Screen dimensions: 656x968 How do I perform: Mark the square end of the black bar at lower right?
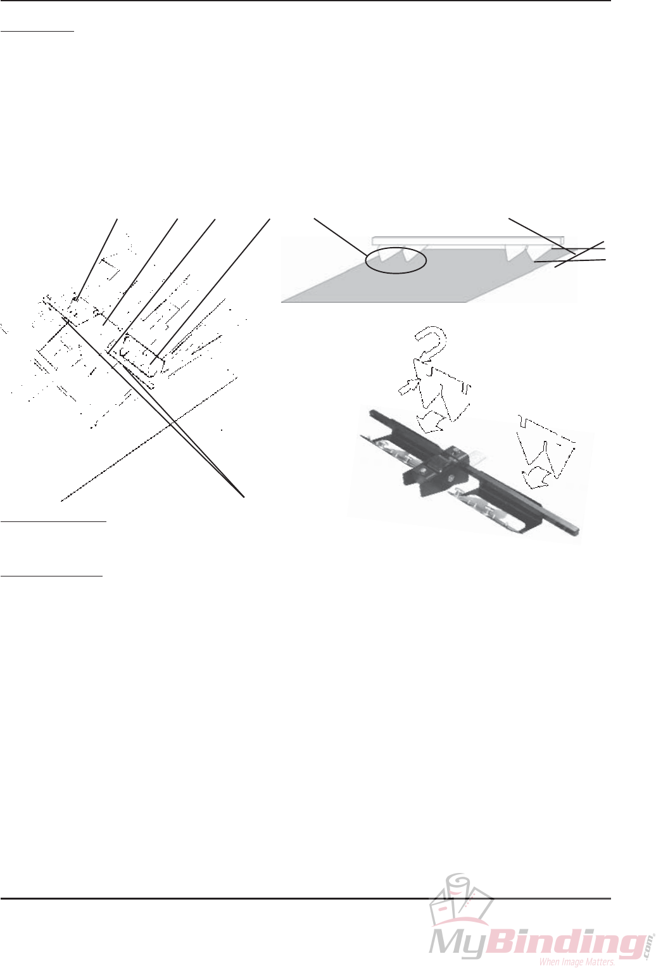click(x=576, y=528)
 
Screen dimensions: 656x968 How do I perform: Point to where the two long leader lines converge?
click(x=244, y=495)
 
